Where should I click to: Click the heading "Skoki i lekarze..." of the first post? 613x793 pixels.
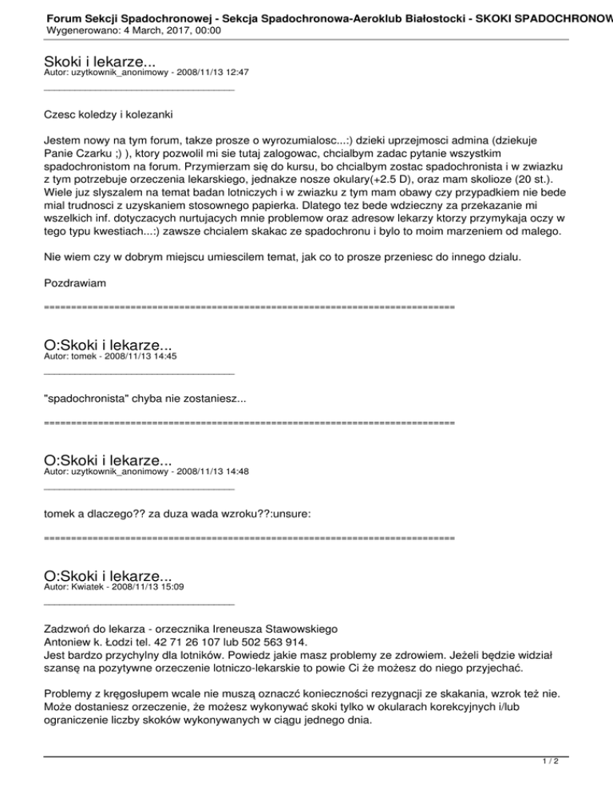pos(99,61)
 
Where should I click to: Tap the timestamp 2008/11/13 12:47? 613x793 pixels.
pos(209,73)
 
